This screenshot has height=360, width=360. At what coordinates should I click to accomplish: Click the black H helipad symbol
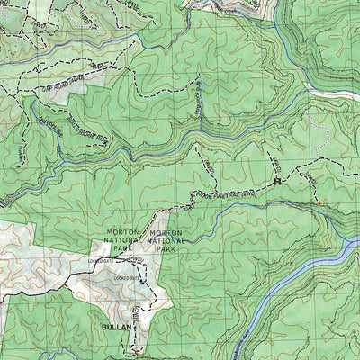[x=277, y=181]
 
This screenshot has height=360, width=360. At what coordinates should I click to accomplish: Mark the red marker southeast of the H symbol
[x=317, y=203]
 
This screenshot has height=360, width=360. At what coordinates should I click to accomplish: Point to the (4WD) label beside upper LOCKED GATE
[x=135, y=261]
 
